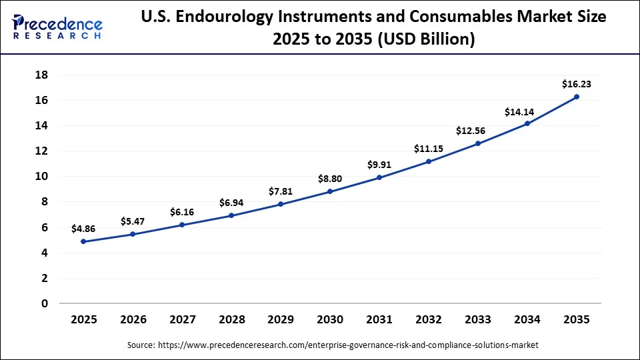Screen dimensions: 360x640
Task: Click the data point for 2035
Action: tap(577, 97)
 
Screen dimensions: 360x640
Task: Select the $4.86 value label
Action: tap(83, 229)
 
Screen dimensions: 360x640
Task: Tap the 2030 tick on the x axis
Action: tap(330, 320)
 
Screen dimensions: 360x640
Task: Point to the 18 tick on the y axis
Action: tap(41, 75)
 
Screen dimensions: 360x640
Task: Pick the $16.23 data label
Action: tap(577, 84)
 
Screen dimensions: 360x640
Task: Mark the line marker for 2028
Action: tap(231, 215)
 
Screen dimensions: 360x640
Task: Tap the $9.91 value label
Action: tap(379, 165)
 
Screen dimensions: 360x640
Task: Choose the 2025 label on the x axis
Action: tap(83, 320)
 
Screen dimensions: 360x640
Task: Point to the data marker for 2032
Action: tap(429, 161)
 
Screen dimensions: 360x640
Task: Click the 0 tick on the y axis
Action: tap(45, 303)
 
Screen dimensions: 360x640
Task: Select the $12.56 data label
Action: tap(478, 131)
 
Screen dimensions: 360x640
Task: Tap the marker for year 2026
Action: tap(133, 234)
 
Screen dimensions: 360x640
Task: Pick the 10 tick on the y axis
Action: tap(41, 177)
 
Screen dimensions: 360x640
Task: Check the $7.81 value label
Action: tap(281, 191)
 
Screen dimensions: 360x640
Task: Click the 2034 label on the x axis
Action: tap(527, 320)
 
